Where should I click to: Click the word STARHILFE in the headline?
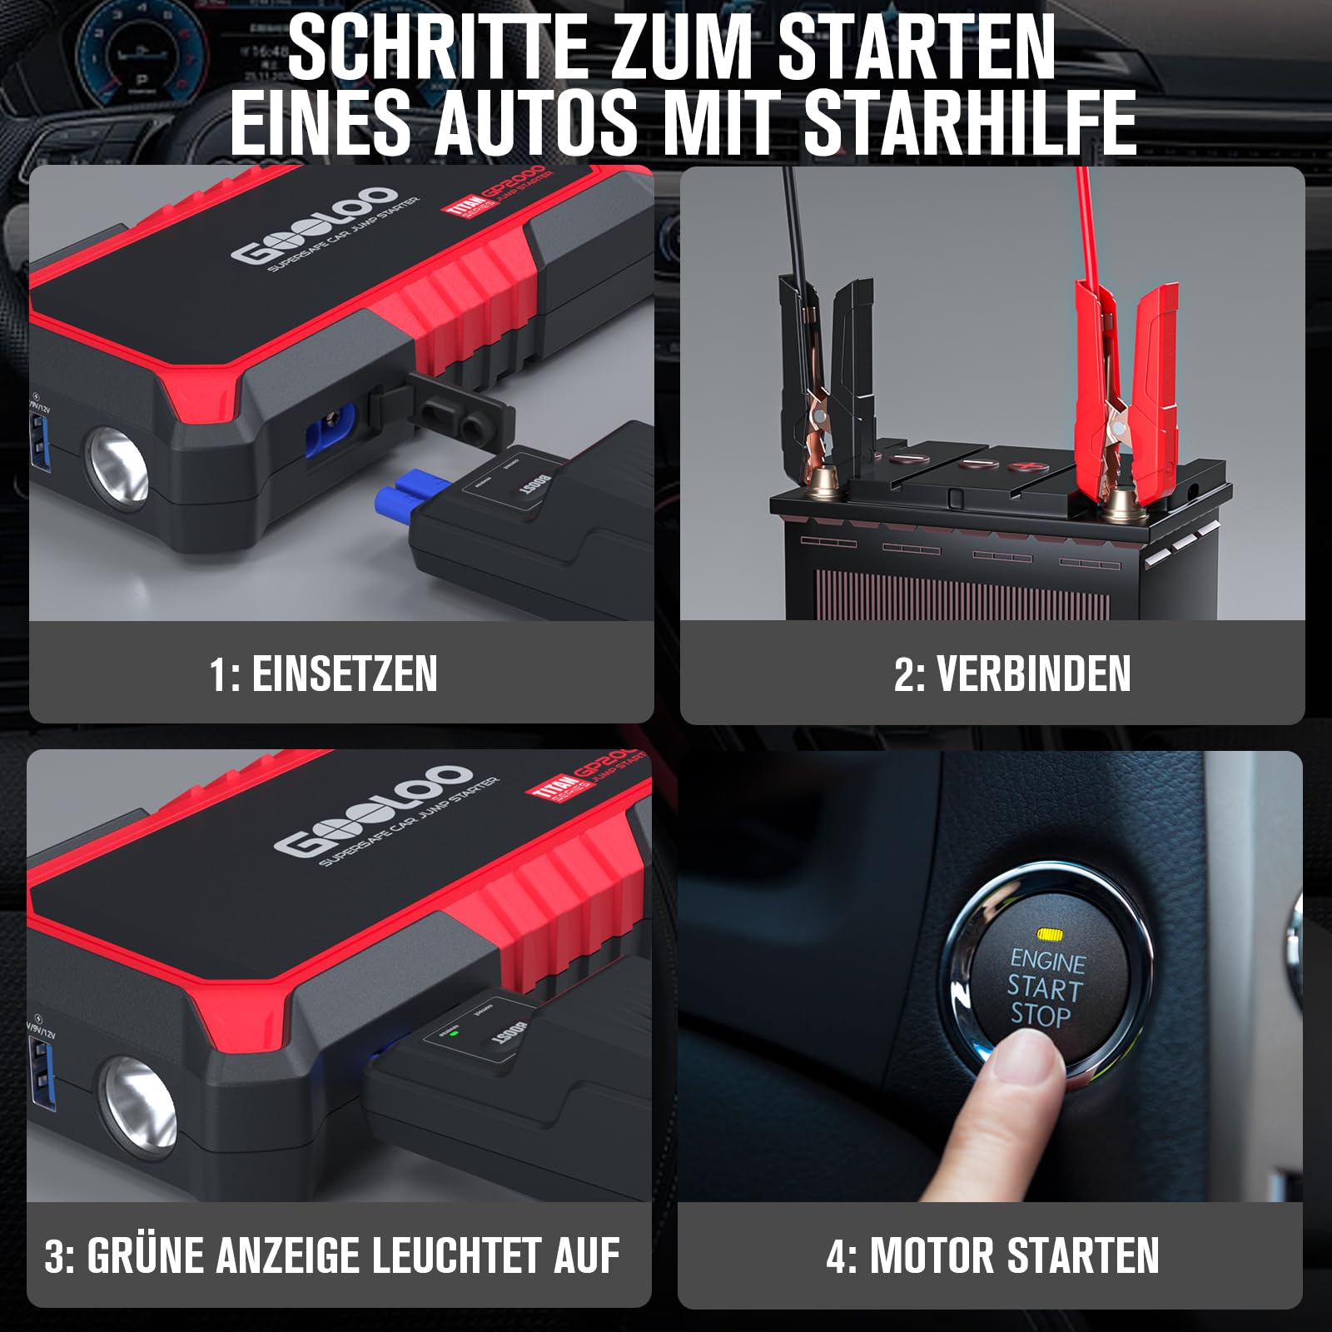click(x=970, y=123)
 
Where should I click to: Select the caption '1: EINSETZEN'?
click(x=323, y=673)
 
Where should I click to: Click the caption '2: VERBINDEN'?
click(x=1011, y=673)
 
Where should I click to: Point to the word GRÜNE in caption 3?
click(x=145, y=1256)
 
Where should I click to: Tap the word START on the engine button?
click(x=1044, y=988)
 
